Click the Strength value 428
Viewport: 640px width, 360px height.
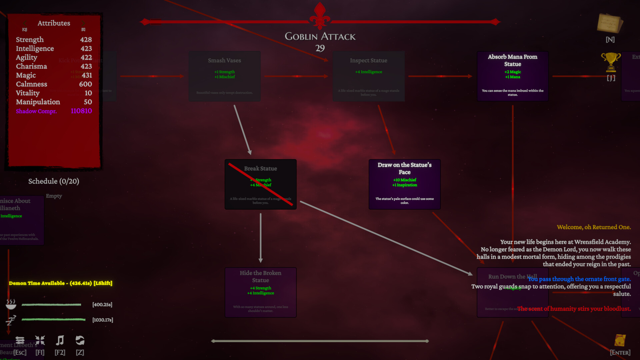click(86, 40)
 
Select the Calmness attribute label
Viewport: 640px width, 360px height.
click(31, 84)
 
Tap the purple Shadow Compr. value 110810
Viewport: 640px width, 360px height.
click(81, 111)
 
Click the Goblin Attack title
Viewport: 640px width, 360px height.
click(320, 36)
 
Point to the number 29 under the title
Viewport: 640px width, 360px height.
click(320, 48)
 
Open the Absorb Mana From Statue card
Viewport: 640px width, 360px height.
click(512, 76)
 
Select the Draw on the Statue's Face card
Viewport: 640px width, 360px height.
click(404, 184)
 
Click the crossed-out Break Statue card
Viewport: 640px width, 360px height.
click(260, 184)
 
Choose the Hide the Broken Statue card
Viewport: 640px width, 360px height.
click(260, 292)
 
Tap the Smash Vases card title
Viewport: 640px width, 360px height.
click(224, 60)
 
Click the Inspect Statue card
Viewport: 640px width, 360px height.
click(368, 76)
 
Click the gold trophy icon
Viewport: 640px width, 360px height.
click(611, 62)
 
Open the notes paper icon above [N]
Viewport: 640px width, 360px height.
click(610, 23)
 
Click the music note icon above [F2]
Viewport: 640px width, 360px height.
click(60, 340)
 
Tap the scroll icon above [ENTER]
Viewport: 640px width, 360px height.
click(620, 340)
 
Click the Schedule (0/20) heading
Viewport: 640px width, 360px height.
click(54, 181)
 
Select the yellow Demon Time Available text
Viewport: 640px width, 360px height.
click(60, 283)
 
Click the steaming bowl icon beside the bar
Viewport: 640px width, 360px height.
click(11, 304)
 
